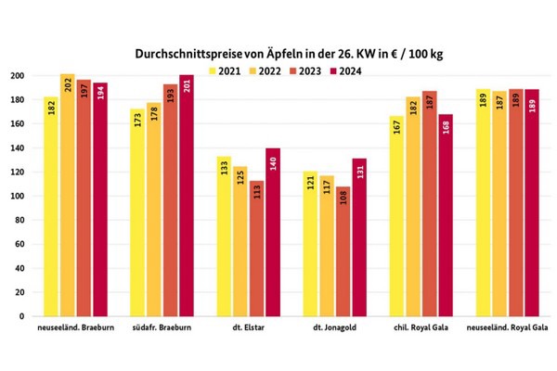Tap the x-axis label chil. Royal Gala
tap(420, 331)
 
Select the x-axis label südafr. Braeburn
tap(163, 331)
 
